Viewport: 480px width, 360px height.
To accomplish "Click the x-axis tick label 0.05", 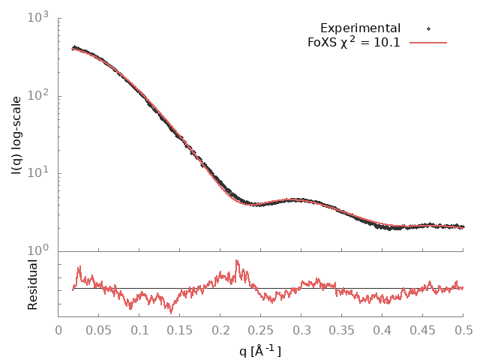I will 99,330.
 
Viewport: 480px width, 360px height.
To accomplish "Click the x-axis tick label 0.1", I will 139,330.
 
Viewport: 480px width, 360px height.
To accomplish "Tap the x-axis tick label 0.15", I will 180,330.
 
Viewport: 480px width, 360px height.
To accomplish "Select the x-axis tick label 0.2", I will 220,330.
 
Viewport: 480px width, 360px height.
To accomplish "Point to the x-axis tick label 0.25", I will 261,330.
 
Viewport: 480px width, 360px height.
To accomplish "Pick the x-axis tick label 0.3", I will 301,330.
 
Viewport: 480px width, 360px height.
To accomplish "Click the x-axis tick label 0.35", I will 342,330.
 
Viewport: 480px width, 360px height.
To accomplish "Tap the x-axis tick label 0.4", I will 382,330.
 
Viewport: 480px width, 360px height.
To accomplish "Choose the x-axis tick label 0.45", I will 423,330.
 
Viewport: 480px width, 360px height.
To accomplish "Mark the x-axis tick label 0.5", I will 463,330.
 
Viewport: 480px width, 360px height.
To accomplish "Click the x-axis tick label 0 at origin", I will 58,330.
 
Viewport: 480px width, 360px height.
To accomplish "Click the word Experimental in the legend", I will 360,28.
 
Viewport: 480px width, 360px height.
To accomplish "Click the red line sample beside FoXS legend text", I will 428,43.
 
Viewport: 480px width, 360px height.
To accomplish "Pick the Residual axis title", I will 32,285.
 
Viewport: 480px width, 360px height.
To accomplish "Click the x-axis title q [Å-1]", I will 261,349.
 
